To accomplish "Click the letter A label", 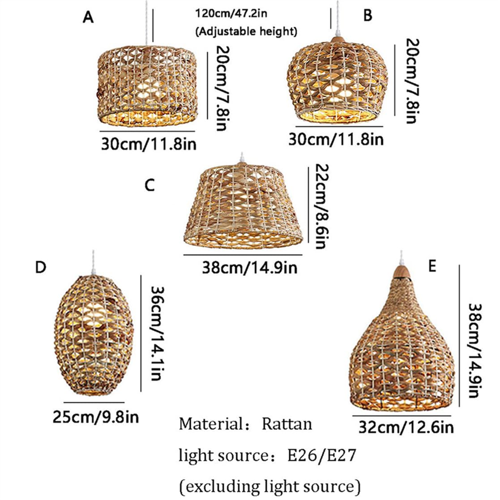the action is click(x=88, y=17).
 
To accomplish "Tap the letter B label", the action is click(x=368, y=15).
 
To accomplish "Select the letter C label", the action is click(x=150, y=185).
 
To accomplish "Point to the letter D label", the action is click(x=40, y=267).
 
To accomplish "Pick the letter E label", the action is click(x=432, y=266).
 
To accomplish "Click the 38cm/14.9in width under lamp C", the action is click(x=249, y=267).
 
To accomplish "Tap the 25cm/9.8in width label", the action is click(x=96, y=417).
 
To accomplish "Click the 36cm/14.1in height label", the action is click(x=158, y=333).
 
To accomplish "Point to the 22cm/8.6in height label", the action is click(x=322, y=206).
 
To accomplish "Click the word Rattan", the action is click(x=287, y=424).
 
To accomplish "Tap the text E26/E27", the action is click(x=321, y=455).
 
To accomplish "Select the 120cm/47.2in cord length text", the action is click(x=231, y=14).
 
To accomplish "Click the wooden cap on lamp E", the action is click(x=401, y=271).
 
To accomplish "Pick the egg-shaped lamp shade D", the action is click(x=94, y=335).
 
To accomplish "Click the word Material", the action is click(x=211, y=424).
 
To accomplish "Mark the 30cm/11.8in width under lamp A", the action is click(x=149, y=144).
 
